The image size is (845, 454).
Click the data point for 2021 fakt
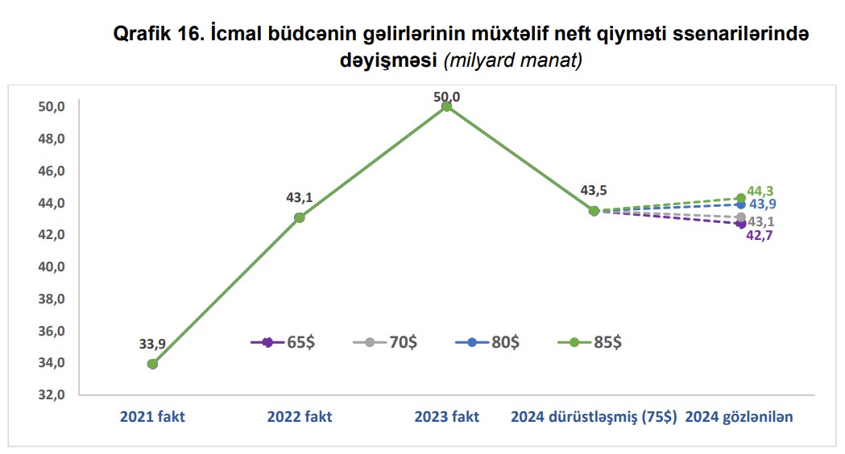pos(152,364)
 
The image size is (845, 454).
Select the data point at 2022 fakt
pos(300,217)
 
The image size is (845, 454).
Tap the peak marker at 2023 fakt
pos(447,106)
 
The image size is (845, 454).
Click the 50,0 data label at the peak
pos(447,97)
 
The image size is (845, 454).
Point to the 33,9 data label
pos(152,344)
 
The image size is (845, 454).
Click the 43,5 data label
pos(594,191)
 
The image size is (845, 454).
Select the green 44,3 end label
pos(760,191)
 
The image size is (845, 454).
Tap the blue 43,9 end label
pos(762,204)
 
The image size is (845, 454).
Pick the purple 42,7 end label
pos(760,236)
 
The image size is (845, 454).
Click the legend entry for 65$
pos(283,342)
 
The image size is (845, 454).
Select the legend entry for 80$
pos(487,342)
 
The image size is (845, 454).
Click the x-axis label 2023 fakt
pos(447,417)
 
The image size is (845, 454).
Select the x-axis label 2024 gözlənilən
pos(739,417)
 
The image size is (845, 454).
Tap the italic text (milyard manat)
pos(513,60)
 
